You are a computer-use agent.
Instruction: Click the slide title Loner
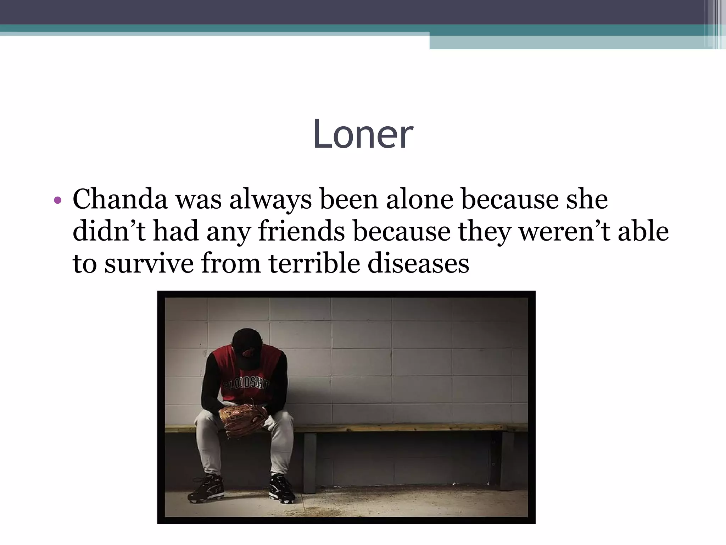point(363,134)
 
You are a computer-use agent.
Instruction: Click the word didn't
point(109,231)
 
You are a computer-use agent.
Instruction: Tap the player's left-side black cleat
point(206,489)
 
